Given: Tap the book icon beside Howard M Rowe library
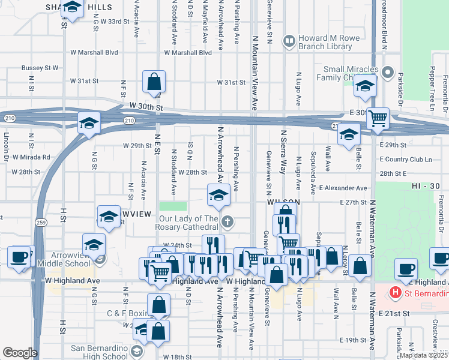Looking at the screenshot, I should coord(290,40).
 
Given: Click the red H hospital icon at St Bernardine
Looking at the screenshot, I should coord(395,292).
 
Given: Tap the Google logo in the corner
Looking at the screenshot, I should coord(19,353).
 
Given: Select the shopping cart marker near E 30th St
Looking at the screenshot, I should coord(378,118).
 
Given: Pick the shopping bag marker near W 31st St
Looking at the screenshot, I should coord(154,81).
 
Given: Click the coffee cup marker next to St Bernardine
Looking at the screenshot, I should coord(406,268).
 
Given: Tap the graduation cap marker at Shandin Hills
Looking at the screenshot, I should coord(72,8).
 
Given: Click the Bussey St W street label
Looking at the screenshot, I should coord(40,68).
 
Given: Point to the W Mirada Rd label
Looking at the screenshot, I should coord(29,157).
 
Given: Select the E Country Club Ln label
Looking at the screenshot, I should coord(406,159).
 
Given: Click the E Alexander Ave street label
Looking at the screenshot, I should coord(343,188).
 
